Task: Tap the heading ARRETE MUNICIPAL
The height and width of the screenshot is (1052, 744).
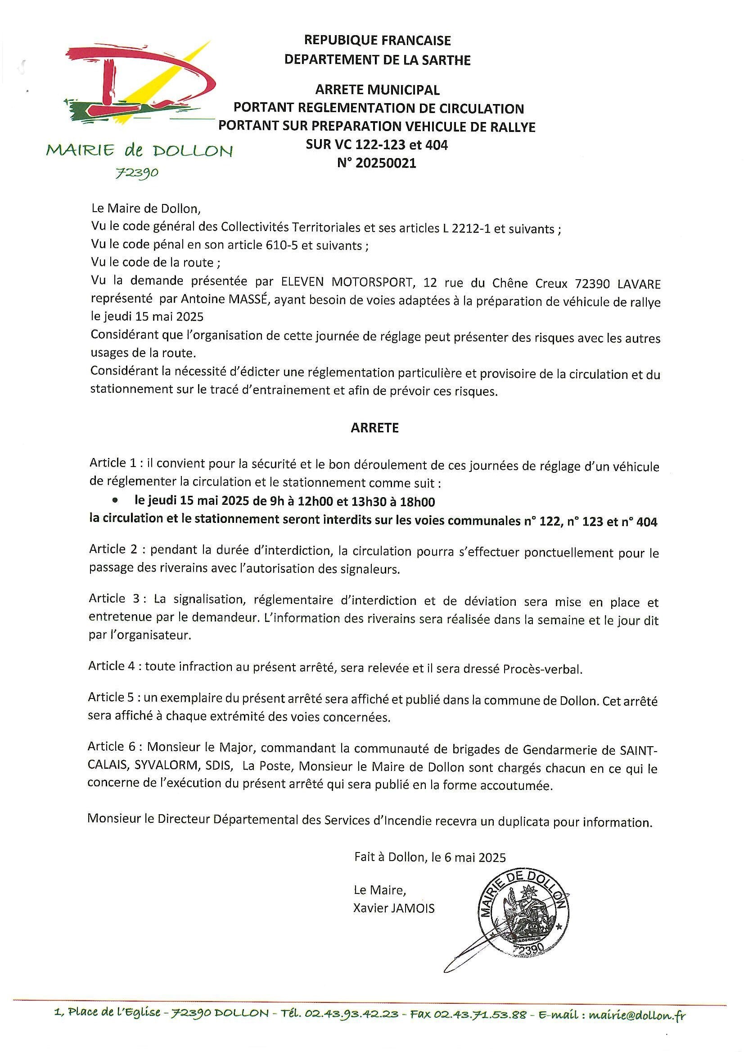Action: [377, 90]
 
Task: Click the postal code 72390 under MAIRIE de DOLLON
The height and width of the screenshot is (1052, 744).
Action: [136, 173]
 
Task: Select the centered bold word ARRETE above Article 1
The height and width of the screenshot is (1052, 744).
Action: [375, 428]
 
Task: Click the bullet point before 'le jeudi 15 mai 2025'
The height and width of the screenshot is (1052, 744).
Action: [115, 502]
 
